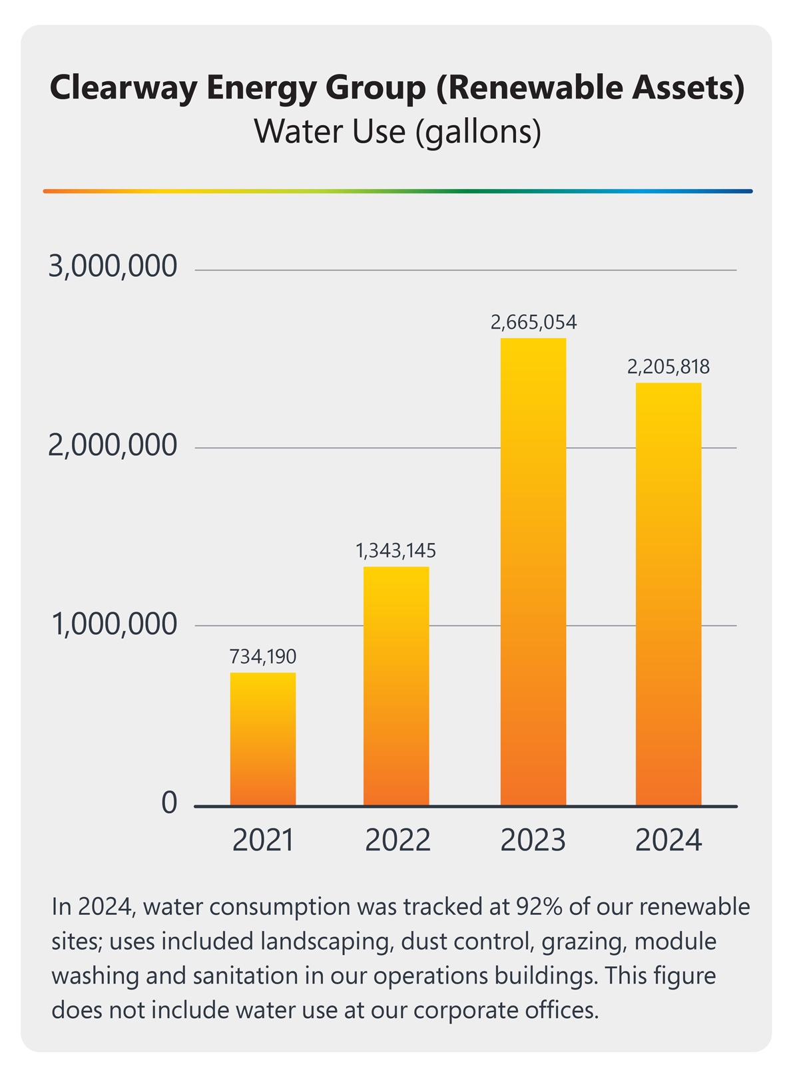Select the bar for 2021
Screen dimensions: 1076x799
click(263, 739)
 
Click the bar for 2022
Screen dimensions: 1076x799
click(396, 685)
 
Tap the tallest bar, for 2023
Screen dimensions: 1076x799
click(533, 572)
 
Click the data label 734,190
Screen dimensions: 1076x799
click(263, 657)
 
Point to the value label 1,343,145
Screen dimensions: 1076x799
click(396, 551)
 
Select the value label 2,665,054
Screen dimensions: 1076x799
click(533, 323)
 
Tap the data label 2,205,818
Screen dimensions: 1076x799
click(668, 367)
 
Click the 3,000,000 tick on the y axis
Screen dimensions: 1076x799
click(113, 267)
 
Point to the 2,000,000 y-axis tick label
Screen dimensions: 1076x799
click(113, 445)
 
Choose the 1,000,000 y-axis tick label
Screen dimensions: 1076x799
click(115, 624)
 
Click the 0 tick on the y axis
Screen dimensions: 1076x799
click(170, 803)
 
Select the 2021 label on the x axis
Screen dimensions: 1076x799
click(263, 840)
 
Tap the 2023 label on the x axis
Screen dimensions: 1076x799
click(533, 840)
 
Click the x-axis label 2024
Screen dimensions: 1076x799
click(668, 840)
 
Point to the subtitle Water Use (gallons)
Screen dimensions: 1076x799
click(398, 131)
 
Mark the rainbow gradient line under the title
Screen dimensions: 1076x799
click(398, 191)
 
